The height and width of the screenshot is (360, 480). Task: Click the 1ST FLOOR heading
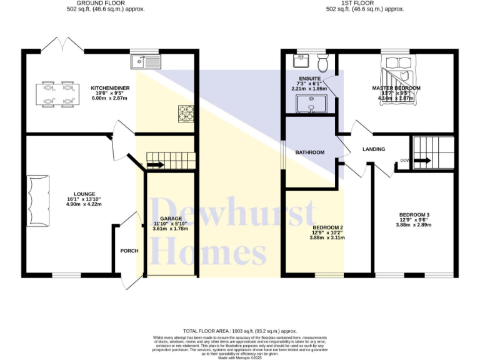pos(366,3)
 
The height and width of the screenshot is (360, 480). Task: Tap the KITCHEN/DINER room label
pos(110,88)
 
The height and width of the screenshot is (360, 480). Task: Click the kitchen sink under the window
pos(146,61)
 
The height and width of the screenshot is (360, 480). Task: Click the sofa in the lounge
pos(37,200)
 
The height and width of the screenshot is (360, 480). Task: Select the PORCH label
pos(129,251)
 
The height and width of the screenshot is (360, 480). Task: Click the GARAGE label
pos(170,219)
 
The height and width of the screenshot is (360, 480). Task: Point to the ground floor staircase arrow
pos(154,165)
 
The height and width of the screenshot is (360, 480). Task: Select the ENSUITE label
pos(309,79)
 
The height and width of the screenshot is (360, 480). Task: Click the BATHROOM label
pos(310,152)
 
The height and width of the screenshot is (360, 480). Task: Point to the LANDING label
pos(374,149)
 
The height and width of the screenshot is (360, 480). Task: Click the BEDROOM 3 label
pos(415,215)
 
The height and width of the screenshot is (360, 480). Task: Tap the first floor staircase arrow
pos(422,161)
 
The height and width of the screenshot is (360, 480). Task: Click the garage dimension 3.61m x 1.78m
pos(170,229)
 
